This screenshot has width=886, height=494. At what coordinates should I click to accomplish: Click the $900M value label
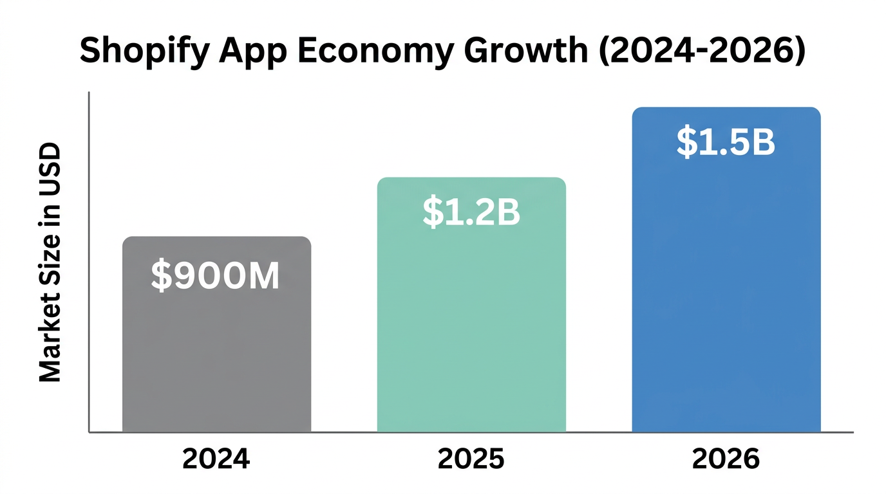point(216,275)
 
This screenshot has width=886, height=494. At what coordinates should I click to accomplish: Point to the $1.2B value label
point(471,213)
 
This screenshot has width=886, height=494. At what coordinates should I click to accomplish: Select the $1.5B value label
point(726,143)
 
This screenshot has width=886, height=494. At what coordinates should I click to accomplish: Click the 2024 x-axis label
point(215,459)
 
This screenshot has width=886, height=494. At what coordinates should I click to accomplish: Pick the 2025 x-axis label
point(471,459)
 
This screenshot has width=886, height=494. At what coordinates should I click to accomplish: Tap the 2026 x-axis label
point(726,459)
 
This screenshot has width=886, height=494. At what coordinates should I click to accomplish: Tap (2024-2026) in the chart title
point(700,50)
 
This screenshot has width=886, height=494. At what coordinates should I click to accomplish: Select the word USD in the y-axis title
point(50,169)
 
